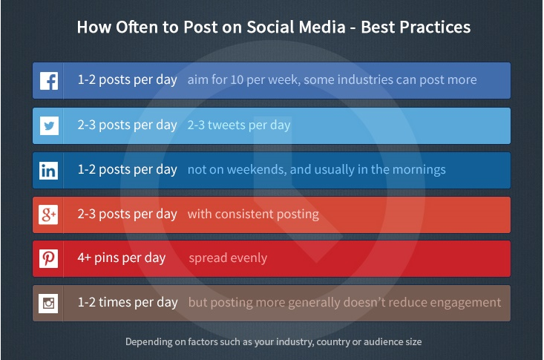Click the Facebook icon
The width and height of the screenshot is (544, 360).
click(x=49, y=80)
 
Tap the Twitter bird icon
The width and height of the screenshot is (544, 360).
click(x=49, y=125)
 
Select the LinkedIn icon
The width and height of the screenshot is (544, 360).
click(x=49, y=170)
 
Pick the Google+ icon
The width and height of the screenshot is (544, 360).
click(x=49, y=215)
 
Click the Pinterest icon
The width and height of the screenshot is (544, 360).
click(x=49, y=258)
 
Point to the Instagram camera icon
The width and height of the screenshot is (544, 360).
click(x=49, y=303)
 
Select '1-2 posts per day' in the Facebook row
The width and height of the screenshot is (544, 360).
click(x=127, y=80)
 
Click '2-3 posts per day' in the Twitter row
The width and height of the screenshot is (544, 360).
click(x=127, y=125)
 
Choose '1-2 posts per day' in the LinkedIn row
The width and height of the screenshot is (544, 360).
click(x=127, y=169)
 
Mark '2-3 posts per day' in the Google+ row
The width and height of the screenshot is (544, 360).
click(x=127, y=214)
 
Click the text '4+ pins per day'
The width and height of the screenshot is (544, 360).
click(x=122, y=258)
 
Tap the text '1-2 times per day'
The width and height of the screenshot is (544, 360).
click(x=127, y=303)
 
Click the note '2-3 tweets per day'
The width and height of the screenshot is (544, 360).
click(x=239, y=125)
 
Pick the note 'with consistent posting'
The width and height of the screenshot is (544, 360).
click(x=253, y=214)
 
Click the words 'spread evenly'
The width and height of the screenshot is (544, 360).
click(x=228, y=258)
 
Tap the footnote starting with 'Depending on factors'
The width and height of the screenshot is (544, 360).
click(x=272, y=342)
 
